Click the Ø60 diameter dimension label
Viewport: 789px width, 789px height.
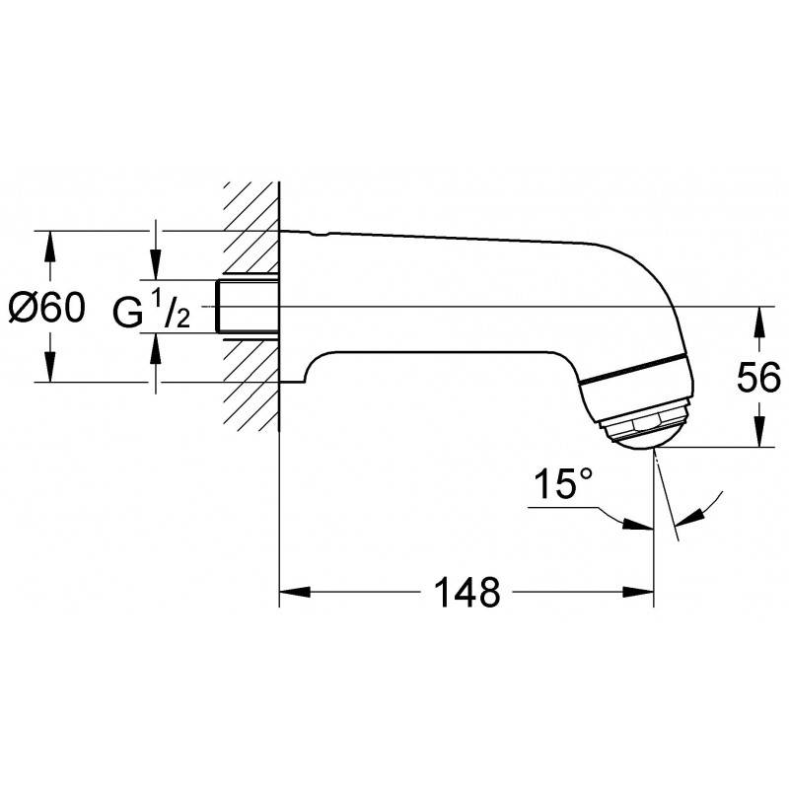(x=47, y=308)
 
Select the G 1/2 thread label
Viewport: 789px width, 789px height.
(x=151, y=311)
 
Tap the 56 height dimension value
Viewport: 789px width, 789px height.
(x=758, y=378)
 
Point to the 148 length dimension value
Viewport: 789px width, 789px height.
(x=466, y=593)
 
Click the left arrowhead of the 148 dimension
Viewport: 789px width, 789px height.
(x=295, y=592)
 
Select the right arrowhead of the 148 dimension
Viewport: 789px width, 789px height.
(x=638, y=592)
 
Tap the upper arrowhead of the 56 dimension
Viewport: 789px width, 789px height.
(x=759, y=323)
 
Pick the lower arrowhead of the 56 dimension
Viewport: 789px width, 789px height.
(x=759, y=431)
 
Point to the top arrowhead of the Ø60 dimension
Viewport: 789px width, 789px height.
(x=49, y=246)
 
